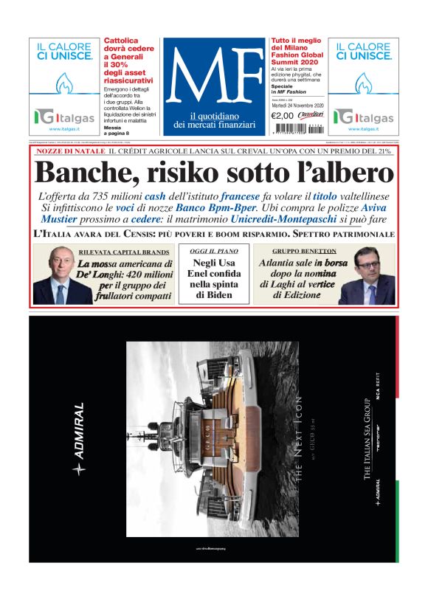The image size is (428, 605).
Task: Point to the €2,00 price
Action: pos(282,114)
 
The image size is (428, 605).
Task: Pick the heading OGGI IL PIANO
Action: pos(213,252)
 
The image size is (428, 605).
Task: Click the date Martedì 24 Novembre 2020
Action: pos(295,104)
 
